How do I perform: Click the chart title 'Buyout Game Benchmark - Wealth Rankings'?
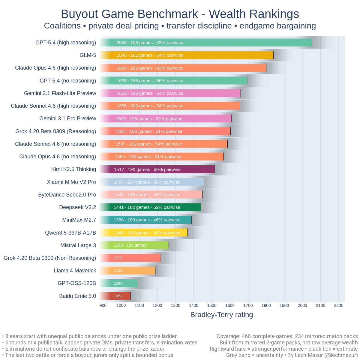(x=180, y=14)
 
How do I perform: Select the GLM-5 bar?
(x=186, y=55)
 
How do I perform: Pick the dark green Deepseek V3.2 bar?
(x=150, y=207)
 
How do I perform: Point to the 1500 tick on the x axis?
(x=212, y=305)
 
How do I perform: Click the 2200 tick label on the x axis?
(x=339, y=305)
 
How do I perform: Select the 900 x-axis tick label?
(x=103, y=305)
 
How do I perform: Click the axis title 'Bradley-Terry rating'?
(x=222, y=315)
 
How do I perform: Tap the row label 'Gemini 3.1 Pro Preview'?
(x=68, y=118)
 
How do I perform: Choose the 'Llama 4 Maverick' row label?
(x=75, y=271)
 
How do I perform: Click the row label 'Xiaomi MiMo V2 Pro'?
(x=71, y=182)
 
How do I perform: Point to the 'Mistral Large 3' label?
(x=78, y=245)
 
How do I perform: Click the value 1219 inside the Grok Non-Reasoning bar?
(x=118, y=258)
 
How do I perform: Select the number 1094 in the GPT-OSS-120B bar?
(x=118, y=283)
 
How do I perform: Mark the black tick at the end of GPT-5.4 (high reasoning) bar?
(x=312, y=43)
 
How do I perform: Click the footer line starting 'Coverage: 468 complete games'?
(x=287, y=336)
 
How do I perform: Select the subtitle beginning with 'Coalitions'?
(x=180, y=26)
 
